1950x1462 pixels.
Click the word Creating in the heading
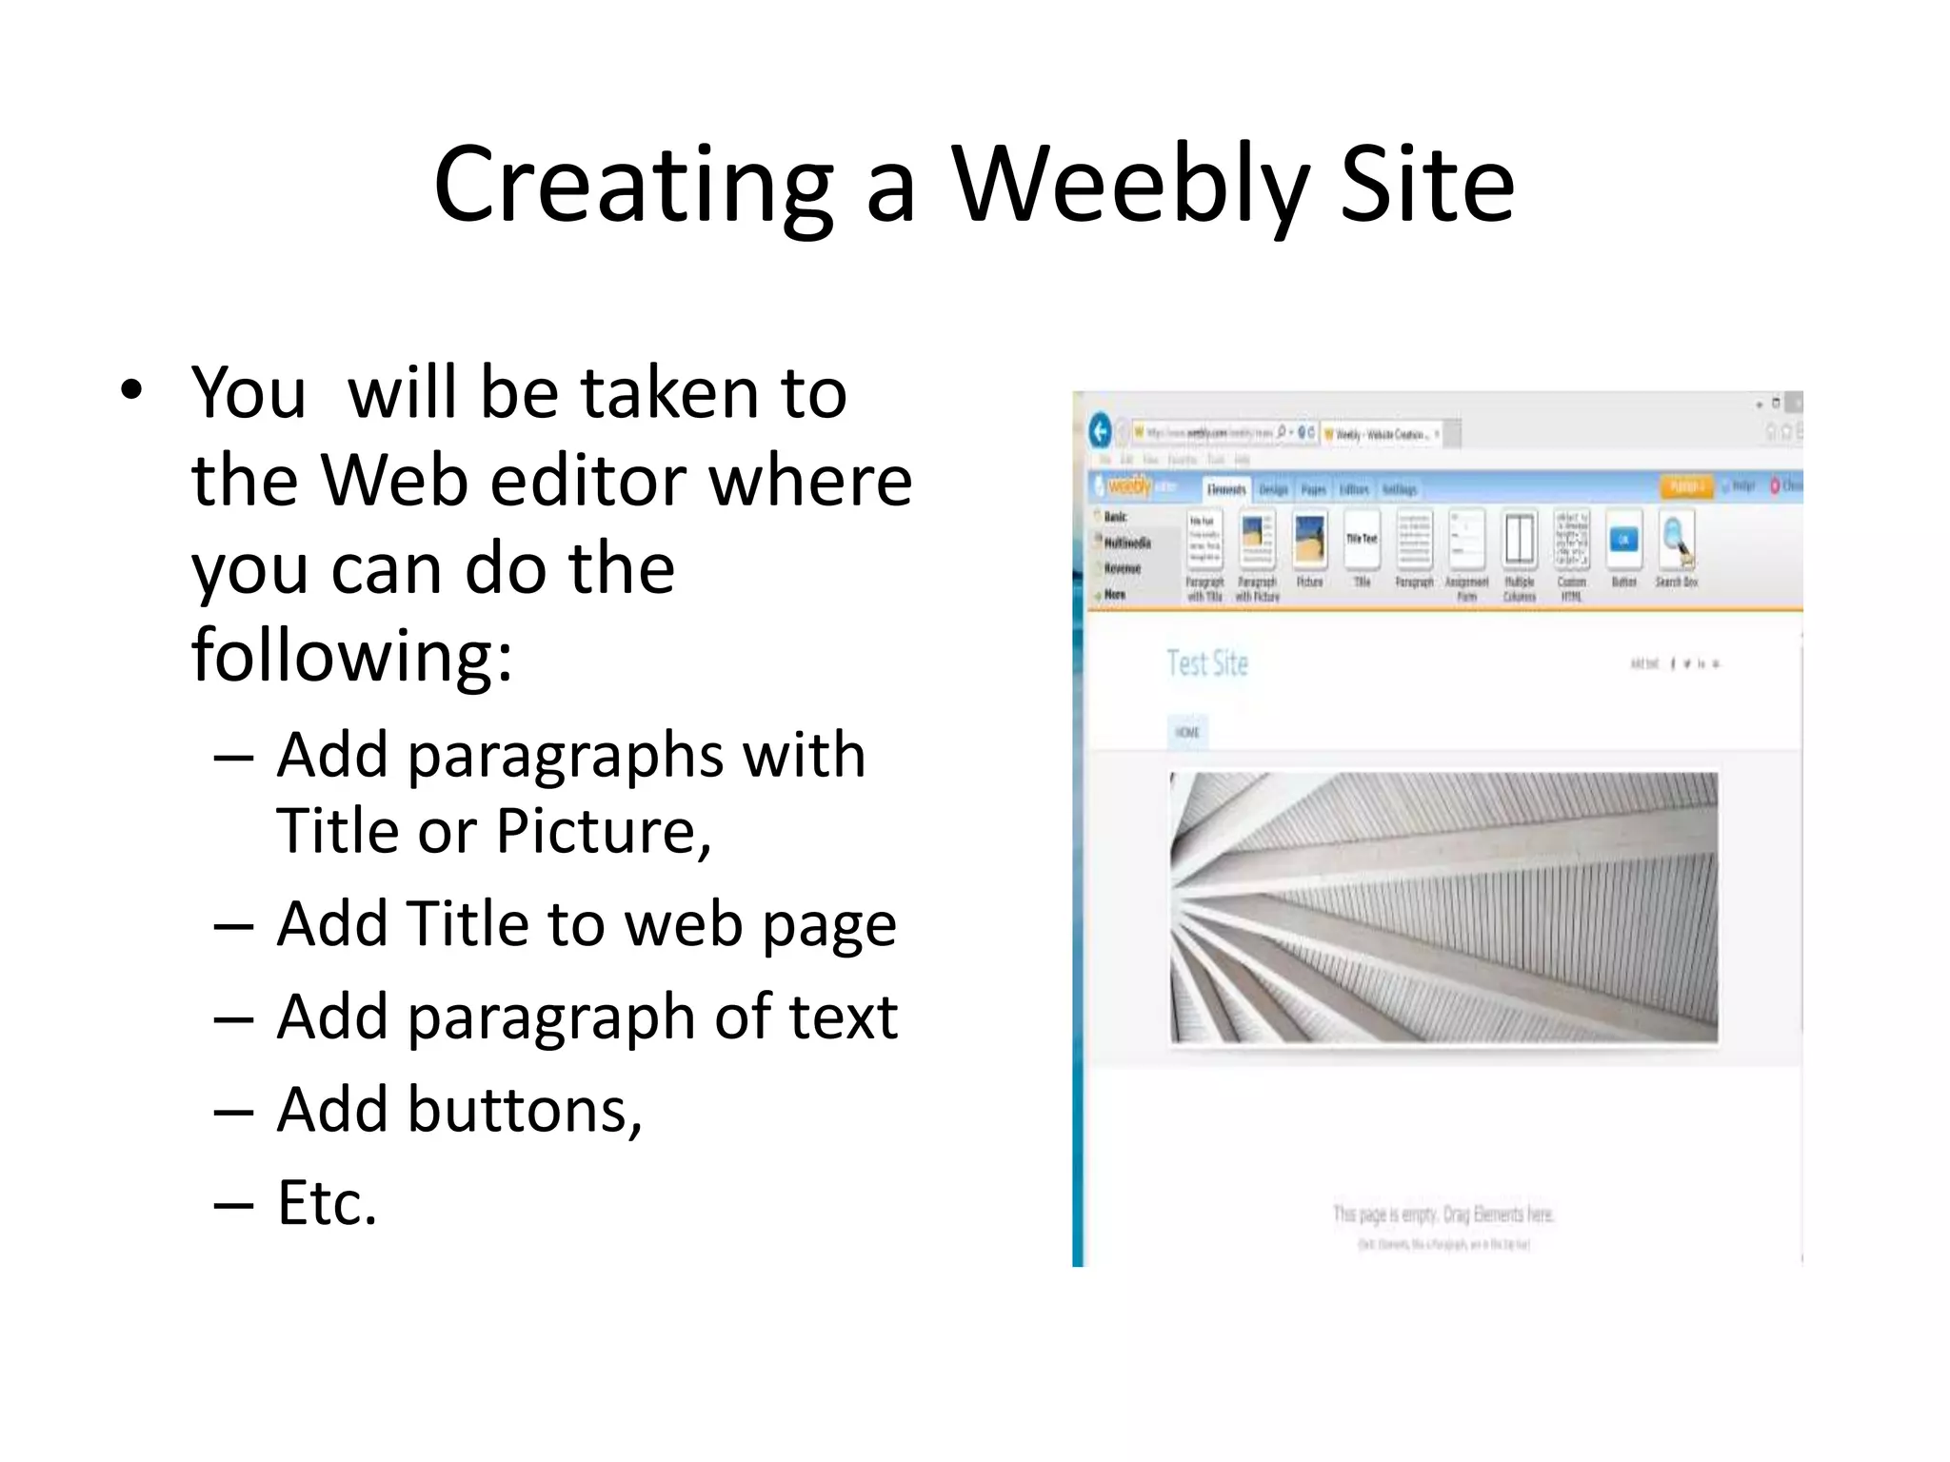[633, 186]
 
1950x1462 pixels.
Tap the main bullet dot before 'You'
[131, 389]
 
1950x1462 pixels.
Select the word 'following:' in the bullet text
[352, 656]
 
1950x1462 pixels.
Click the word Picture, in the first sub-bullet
[604, 831]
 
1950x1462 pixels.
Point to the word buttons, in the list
[525, 1111]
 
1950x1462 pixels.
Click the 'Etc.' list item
[327, 1203]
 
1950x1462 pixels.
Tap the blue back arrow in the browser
[1101, 432]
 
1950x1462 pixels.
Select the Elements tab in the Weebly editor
[1225, 489]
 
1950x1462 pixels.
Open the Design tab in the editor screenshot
[1273, 489]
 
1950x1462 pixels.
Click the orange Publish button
[1684, 486]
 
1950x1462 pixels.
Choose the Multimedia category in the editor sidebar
[1127, 543]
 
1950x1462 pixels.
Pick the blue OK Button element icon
[1623, 541]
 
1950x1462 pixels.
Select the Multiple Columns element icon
[1519, 541]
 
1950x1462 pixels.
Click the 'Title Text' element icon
[1362, 540]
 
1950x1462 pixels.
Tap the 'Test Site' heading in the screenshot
[1207, 663]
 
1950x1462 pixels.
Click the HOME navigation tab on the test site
[1187, 732]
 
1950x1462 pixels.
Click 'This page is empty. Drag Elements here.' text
[1443, 1215]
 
